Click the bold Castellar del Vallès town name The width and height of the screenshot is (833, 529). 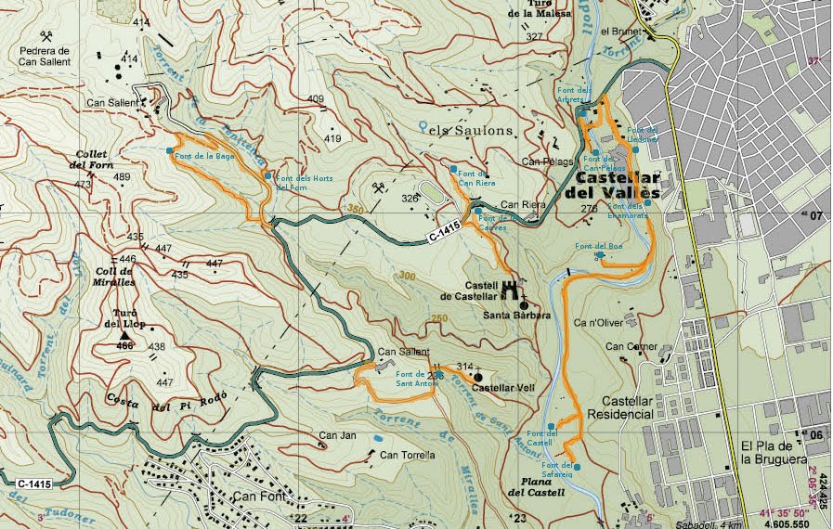(x=618, y=185)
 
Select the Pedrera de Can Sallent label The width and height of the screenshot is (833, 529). (x=46, y=56)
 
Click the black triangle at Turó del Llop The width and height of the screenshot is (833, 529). (x=125, y=335)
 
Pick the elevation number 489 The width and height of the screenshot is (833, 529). (x=122, y=176)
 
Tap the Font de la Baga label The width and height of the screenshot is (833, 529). (x=205, y=157)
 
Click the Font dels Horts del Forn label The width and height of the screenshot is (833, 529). (x=304, y=183)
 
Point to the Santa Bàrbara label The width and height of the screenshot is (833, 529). (x=517, y=316)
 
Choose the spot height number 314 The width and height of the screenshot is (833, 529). (x=465, y=367)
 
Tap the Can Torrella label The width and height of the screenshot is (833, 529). (x=407, y=455)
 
